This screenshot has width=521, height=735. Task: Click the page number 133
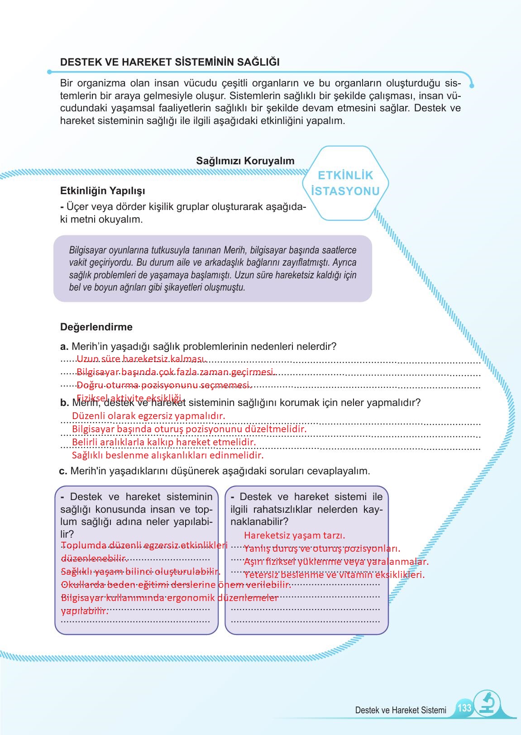[464, 707]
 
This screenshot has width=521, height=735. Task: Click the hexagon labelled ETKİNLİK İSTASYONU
[345, 183]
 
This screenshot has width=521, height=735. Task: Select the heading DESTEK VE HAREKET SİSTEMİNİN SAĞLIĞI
[170, 62]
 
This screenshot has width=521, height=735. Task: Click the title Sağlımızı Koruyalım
[245, 161]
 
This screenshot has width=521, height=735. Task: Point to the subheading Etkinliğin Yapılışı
[103, 191]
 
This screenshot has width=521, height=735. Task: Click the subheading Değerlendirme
[96, 327]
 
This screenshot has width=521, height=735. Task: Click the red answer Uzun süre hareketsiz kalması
[141, 359]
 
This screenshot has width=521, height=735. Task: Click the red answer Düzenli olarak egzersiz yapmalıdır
[148, 415]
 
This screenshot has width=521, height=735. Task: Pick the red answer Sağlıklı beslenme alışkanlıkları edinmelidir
[167, 455]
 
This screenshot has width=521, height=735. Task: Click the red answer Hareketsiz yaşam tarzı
[294, 535]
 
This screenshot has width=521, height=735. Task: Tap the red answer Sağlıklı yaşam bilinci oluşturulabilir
[140, 572]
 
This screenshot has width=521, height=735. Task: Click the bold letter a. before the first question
[64, 347]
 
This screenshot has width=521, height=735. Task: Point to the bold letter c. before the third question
[63, 471]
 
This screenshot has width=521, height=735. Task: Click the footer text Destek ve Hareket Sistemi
[401, 710]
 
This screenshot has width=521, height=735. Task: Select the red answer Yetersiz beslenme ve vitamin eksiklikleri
[334, 575]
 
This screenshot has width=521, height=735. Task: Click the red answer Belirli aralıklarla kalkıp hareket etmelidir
[164, 442]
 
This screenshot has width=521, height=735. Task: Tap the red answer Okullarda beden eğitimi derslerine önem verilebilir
[176, 585]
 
